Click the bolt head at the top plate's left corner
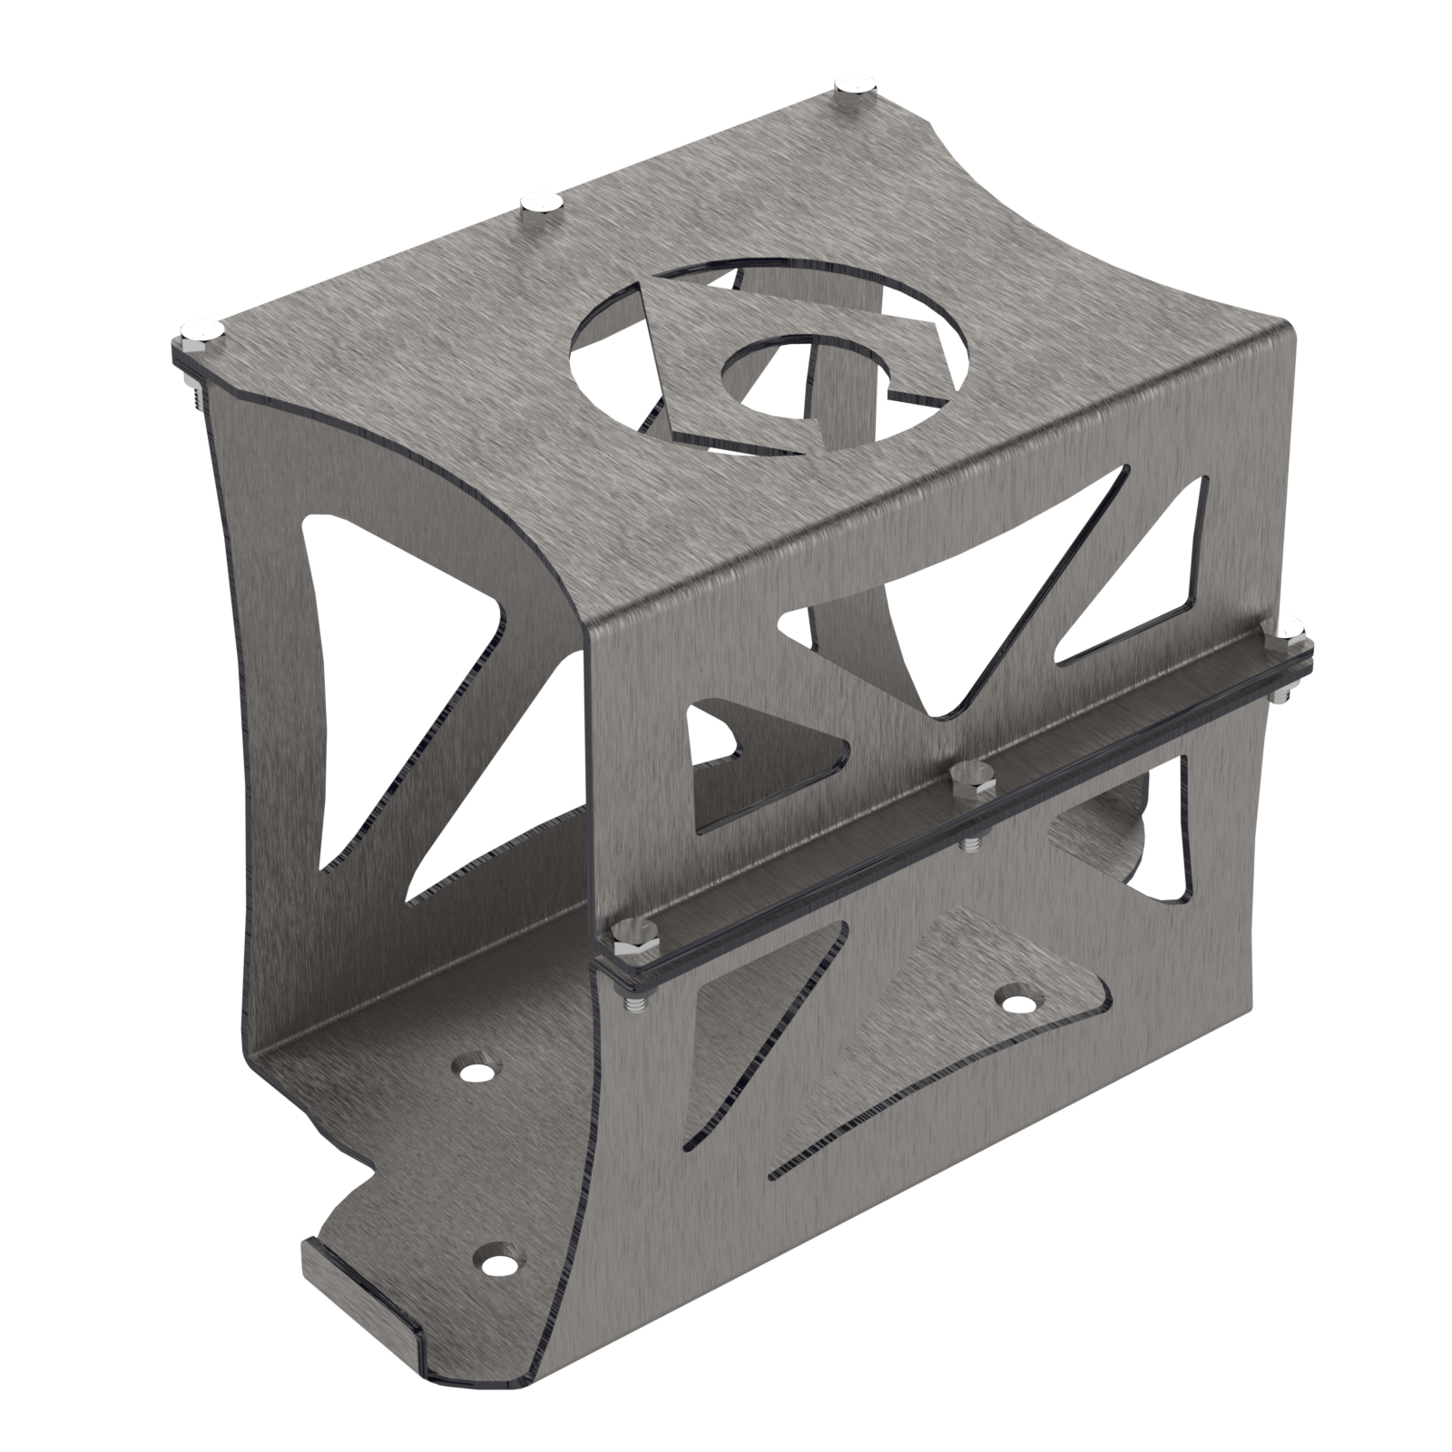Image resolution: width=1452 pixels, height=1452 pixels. pos(201,332)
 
